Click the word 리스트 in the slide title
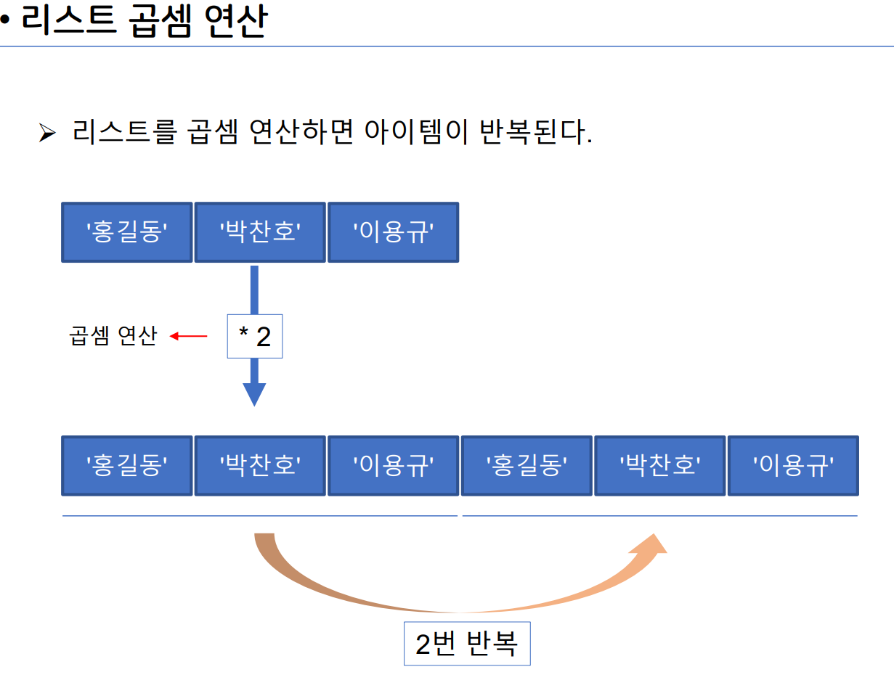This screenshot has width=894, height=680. click(x=69, y=22)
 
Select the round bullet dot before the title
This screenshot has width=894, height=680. click(x=6, y=22)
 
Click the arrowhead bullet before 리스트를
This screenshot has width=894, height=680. click(x=47, y=133)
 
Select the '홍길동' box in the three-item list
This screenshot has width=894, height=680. click(x=127, y=232)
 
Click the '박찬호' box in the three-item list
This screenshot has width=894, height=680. click(x=261, y=232)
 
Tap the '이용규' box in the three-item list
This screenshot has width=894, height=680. click(x=393, y=232)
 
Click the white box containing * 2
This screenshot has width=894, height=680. click(x=255, y=337)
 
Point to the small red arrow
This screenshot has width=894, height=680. click(x=189, y=336)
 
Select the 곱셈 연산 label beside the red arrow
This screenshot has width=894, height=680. click(x=113, y=336)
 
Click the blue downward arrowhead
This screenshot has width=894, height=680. click(x=254, y=394)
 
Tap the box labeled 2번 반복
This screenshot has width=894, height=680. click(x=467, y=644)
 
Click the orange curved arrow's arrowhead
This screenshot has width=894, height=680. click(x=649, y=546)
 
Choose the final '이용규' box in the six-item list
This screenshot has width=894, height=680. click(x=793, y=466)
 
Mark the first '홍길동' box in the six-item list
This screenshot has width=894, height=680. click(x=127, y=466)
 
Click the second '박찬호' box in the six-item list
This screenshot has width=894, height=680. click(x=659, y=466)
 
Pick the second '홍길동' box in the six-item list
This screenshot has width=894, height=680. click(x=527, y=466)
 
